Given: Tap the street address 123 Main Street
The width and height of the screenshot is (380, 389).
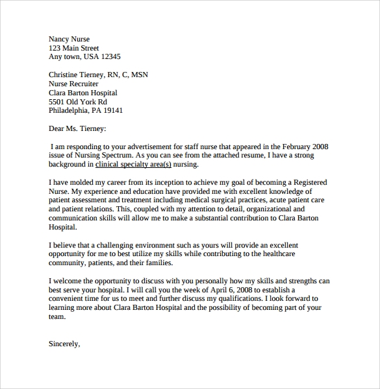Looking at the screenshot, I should (x=74, y=47).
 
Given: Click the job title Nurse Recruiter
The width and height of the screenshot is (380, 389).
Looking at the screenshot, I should (x=73, y=84).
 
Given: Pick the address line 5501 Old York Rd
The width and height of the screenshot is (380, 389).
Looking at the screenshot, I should (x=78, y=102).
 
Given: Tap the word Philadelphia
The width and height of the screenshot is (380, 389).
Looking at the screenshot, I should (x=71, y=111).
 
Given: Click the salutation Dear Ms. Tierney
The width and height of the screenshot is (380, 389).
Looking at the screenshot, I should (x=77, y=129).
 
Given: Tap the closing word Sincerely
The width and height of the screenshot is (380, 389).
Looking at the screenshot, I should (x=64, y=344).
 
